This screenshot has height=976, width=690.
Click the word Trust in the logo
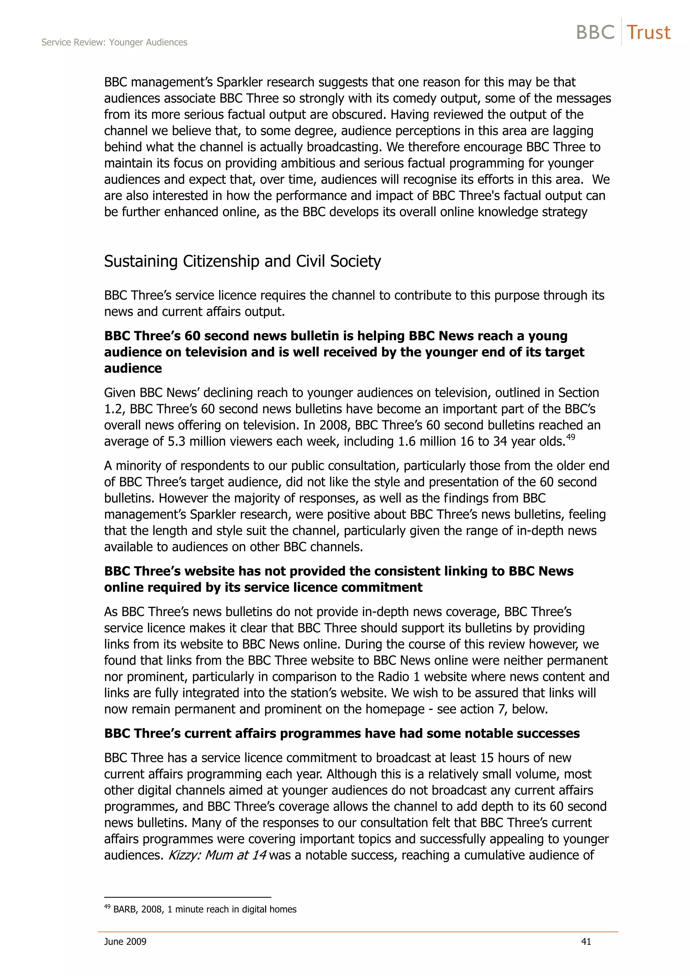(648, 32)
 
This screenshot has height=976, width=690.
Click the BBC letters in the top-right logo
(595, 32)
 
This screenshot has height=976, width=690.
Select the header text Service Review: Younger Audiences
(114, 42)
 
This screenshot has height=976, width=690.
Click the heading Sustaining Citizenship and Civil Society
(242, 261)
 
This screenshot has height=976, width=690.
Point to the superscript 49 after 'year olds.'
(570, 436)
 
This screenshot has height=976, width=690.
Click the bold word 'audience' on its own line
(133, 368)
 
